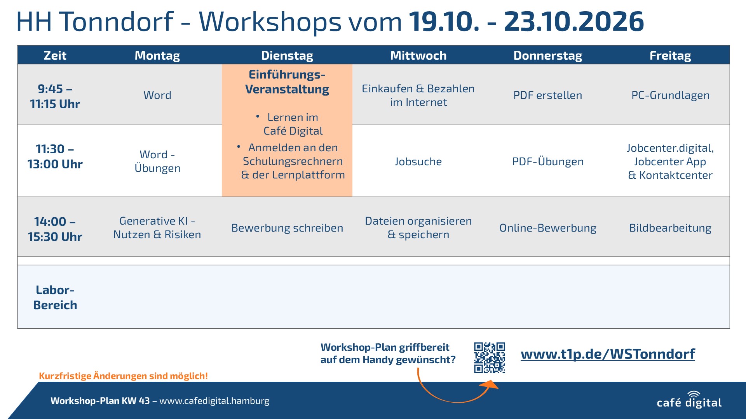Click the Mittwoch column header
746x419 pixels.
418,55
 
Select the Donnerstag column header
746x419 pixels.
548,55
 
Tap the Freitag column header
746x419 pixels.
670,55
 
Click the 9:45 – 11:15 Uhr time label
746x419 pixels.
55,96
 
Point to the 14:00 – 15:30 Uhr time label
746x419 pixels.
55,229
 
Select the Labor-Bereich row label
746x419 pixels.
55,297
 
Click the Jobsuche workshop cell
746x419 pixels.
418,161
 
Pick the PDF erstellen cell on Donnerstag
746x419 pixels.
547,95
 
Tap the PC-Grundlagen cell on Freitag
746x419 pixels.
670,95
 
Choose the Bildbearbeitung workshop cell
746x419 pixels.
670,228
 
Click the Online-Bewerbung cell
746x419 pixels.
547,228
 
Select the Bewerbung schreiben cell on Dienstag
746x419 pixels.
287,228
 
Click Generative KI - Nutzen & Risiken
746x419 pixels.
157,228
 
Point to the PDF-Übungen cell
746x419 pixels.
547,161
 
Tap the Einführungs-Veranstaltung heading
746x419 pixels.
287,82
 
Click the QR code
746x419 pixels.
490,358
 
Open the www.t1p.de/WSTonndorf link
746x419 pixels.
608,354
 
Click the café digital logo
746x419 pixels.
689,400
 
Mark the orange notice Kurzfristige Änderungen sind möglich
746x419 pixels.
123,376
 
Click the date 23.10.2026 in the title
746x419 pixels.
574,21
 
